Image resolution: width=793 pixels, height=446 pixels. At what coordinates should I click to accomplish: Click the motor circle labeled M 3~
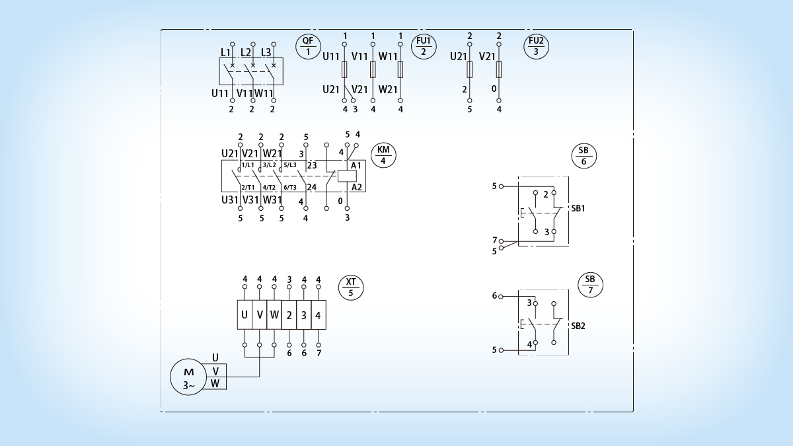pos(188,377)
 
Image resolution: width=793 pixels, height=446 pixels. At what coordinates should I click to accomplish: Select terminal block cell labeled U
pos(245,315)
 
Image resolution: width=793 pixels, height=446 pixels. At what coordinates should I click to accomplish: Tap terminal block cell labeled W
pos(274,315)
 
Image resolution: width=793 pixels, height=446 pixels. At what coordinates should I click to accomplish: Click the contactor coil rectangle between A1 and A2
pos(347,176)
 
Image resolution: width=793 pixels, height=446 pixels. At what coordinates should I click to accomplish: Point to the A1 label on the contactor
pos(356,165)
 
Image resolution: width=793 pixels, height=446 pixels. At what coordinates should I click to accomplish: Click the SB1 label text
pos(578,209)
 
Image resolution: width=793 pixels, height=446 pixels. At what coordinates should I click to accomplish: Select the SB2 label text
pos(578,326)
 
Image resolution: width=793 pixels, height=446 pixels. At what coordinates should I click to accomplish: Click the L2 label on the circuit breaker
pos(246,52)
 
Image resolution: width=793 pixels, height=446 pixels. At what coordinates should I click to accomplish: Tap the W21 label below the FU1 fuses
pos(388,89)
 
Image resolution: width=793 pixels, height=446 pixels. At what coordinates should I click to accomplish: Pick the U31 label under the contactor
pos(230,200)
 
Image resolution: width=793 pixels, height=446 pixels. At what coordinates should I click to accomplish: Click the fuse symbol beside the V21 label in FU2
pos(499,69)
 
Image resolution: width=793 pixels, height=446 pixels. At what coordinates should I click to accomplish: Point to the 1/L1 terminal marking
pos(248,165)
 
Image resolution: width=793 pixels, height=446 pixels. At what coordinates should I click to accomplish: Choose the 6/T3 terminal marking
pos(290,187)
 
